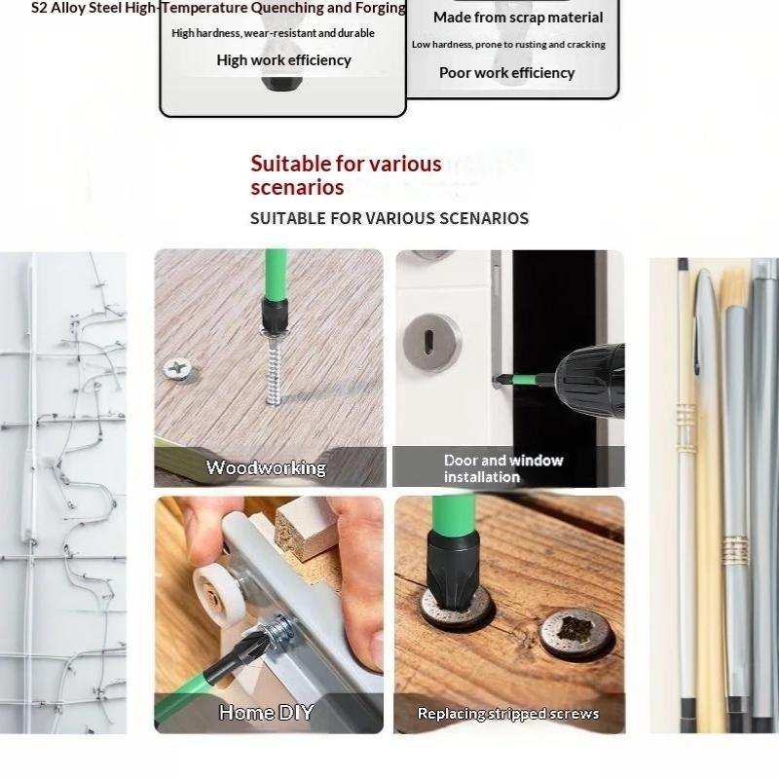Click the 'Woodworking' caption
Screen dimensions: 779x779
click(x=266, y=467)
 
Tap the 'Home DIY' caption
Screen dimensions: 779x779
click(x=266, y=712)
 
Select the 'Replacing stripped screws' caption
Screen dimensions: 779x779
click(x=508, y=714)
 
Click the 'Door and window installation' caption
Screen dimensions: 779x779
click(x=503, y=468)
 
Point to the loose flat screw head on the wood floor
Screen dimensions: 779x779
click(x=177, y=369)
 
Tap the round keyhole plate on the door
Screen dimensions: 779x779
click(x=430, y=342)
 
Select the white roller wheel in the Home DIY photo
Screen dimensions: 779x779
click(x=217, y=588)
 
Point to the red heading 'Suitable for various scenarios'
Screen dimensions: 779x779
click(x=346, y=175)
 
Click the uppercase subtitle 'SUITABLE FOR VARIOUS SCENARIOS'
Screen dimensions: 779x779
click(x=389, y=218)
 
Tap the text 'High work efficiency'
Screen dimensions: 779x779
click(x=283, y=60)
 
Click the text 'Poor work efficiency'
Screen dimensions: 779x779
click(x=506, y=73)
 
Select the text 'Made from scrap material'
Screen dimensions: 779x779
click(x=518, y=18)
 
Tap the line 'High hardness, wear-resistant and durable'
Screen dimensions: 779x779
click(x=273, y=33)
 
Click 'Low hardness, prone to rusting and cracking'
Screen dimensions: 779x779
click(x=508, y=45)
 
